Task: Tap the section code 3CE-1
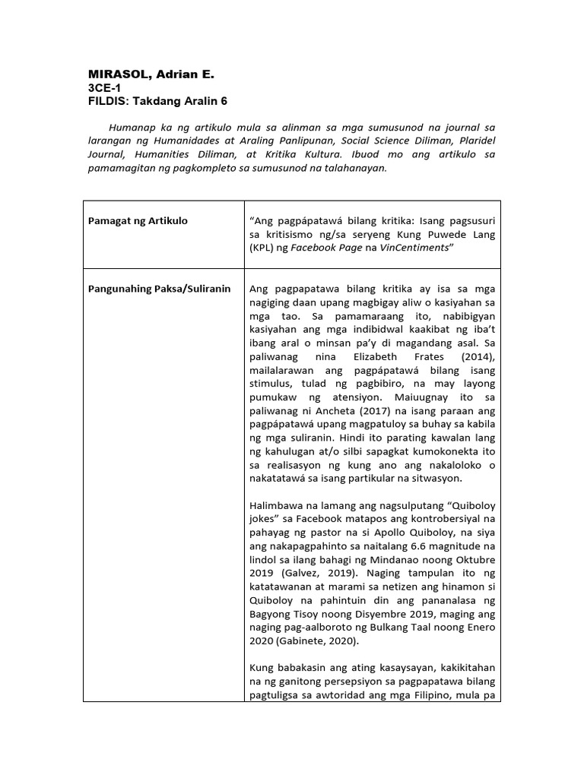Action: [x=105, y=88]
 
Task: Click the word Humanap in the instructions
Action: [x=134, y=128]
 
